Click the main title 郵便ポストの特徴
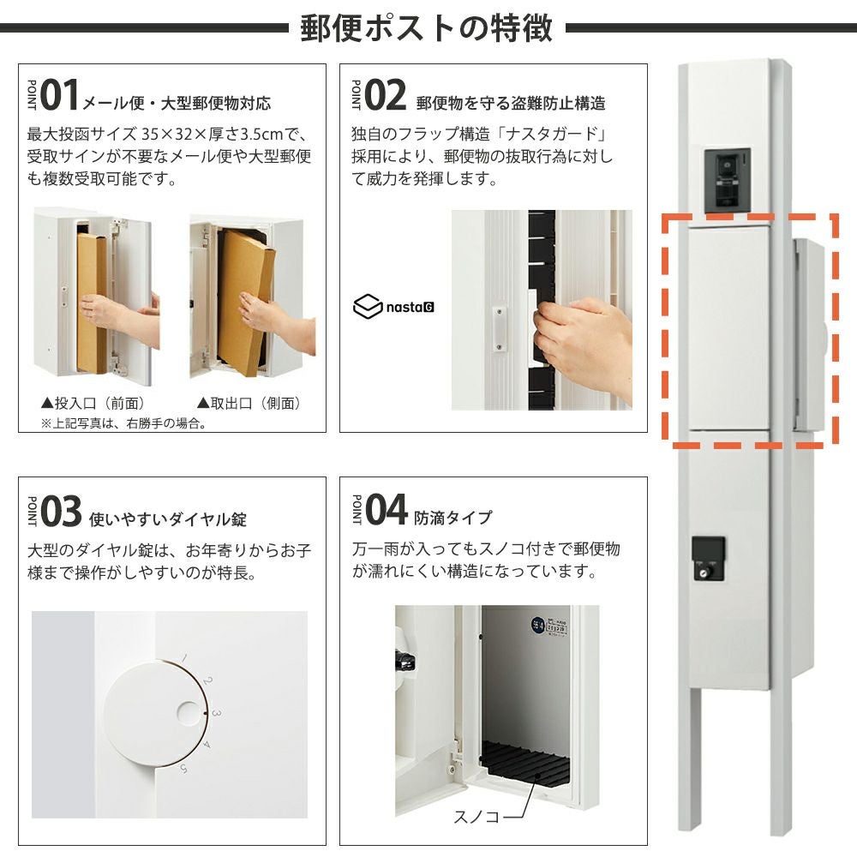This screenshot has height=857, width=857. tap(426, 28)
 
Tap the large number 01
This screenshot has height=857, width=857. tap(59, 95)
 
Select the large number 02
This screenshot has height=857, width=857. tap(385, 95)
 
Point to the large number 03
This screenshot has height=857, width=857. tap(61, 511)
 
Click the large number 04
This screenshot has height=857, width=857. tap(387, 509)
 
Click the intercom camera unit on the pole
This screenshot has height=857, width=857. tap(727, 180)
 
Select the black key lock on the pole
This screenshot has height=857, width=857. tap(709, 558)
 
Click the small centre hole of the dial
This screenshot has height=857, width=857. tap(189, 714)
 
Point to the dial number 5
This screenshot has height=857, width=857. tap(183, 769)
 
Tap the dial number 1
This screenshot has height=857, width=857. tap(184, 658)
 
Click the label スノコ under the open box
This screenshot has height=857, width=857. tap(476, 817)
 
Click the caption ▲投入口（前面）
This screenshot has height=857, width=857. tap(93, 404)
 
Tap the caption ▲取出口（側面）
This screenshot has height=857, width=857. tap(249, 404)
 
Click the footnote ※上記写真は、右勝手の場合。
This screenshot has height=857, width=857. tap(123, 423)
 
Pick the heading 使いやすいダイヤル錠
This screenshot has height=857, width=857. tap(168, 518)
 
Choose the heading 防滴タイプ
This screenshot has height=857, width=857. tap(453, 517)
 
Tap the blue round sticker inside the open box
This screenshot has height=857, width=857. tap(537, 625)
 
